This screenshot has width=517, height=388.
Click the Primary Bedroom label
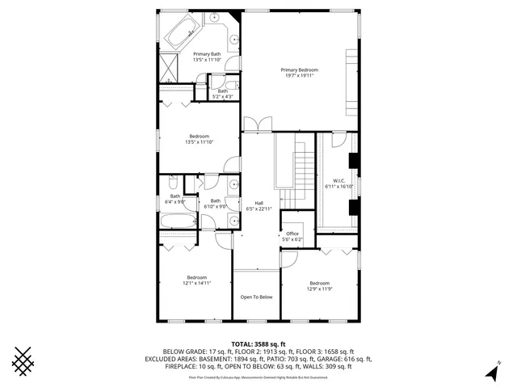pyautogui.click(x=299, y=70)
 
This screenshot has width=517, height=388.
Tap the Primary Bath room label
pyautogui.click(x=201, y=54)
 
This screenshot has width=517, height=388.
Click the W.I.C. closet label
pyautogui.click(x=339, y=180)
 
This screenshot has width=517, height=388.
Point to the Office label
pyautogui.click(x=292, y=234)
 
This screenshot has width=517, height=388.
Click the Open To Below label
pyautogui.click(x=256, y=297)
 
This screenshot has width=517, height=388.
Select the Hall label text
pyautogui.click(x=259, y=203)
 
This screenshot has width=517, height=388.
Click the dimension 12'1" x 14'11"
pyautogui.click(x=197, y=284)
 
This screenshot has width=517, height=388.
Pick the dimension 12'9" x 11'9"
pyautogui.click(x=319, y=289)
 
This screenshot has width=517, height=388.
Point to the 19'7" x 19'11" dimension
pyautogui.click(x=299, y=77)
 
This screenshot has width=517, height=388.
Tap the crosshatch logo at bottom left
pyautogui.click(x=24, y=361)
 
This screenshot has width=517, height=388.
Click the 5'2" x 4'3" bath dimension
pyautogui.click(x=222, y=96)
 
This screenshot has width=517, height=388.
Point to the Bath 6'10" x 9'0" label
pyautogui.click(x=216, y=204)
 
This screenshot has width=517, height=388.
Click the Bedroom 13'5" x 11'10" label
pyautogui.click(x=199, y=139)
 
